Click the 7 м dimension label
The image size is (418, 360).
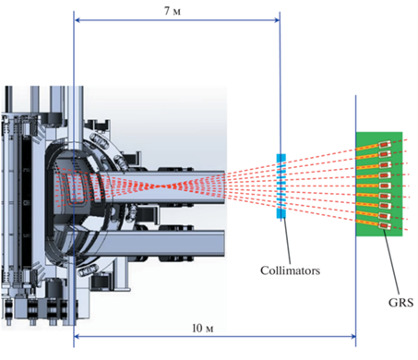point(173,11)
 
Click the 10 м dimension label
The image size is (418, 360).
point(203,329)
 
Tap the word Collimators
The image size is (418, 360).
point(290,270)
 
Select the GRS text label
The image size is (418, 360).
point(400,303)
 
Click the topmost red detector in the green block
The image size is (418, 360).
point(385,144)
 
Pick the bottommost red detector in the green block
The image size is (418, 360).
point(385,226)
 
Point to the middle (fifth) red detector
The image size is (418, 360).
point(385,186)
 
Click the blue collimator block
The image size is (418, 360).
point(281,186)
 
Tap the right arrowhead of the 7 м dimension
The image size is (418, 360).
point(278,20)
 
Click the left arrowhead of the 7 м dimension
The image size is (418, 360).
point(77,20)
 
